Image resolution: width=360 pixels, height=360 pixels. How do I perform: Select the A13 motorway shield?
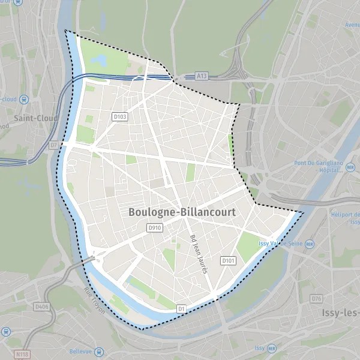tap(202, 77)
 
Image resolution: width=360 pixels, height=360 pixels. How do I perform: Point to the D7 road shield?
tap(53, 145)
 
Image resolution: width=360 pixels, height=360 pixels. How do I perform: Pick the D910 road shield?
tap(154, 228)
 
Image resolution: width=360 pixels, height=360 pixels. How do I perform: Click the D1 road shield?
tap(182, 308)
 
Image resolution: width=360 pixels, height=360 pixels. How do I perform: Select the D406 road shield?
tap(41, 307)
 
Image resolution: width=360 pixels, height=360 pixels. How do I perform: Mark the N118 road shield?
tap(22, 354)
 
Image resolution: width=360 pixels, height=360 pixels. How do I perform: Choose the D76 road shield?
tap(317, 299)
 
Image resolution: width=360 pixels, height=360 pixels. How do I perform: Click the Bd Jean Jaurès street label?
tap(199, 254)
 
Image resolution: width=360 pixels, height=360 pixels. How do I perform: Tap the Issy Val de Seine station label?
tap(280, 244)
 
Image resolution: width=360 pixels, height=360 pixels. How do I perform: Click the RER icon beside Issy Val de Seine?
tap(310, 244)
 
